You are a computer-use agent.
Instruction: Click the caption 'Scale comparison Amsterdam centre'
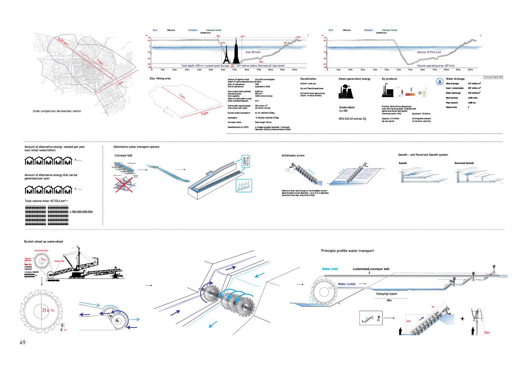pyautogui.click(x=56, y=111)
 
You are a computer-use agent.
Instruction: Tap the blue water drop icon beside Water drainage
pyautogui.click(x=439, y=81)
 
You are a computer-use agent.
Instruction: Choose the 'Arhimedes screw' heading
pyautogui.click(x=293, y=155)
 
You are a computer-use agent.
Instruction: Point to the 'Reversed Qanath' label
pyautogui.click(x=464, y=163)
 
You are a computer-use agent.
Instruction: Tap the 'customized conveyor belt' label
pyautogui.click(x=371, y=269)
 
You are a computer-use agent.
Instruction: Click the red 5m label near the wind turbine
pyautogui.click(x=487, y=332)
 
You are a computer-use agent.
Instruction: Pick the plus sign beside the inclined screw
pyautogui.click(x=462, y=319)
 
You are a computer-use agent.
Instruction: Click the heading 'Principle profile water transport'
pyautogui.click(x=347, y=251)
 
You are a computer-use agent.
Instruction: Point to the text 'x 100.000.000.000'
pyautogui.click(x=81, y=212)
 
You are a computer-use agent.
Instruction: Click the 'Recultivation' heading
pyautogui.click(x=308, y=79)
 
